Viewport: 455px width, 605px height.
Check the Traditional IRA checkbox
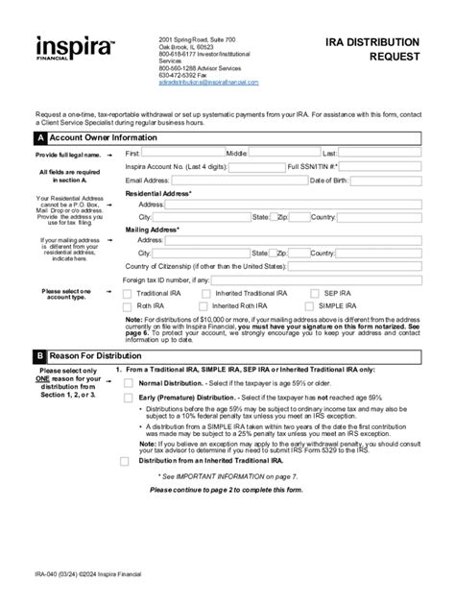[x=129, y=293]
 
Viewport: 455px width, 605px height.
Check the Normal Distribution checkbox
[x=129, y=383]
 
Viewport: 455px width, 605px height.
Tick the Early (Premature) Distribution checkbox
[x=129, y=399]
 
